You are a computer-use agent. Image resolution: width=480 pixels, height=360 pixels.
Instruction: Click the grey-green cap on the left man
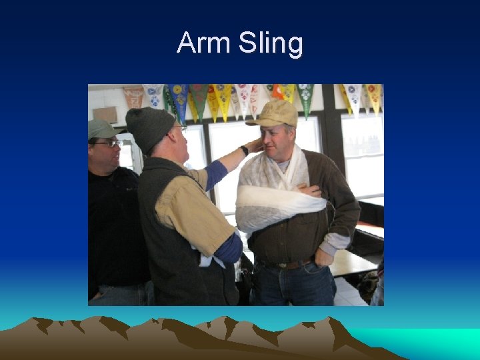tap(101, 129)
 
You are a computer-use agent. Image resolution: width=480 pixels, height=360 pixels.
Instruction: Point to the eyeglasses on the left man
tap(107, 143)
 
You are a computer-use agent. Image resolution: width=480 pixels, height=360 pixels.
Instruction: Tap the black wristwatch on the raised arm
tap(245, 151)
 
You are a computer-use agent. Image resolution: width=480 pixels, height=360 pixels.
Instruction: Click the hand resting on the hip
tap(325, 256)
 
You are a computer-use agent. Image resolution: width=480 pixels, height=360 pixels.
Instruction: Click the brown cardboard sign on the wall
tap(105, 115)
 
